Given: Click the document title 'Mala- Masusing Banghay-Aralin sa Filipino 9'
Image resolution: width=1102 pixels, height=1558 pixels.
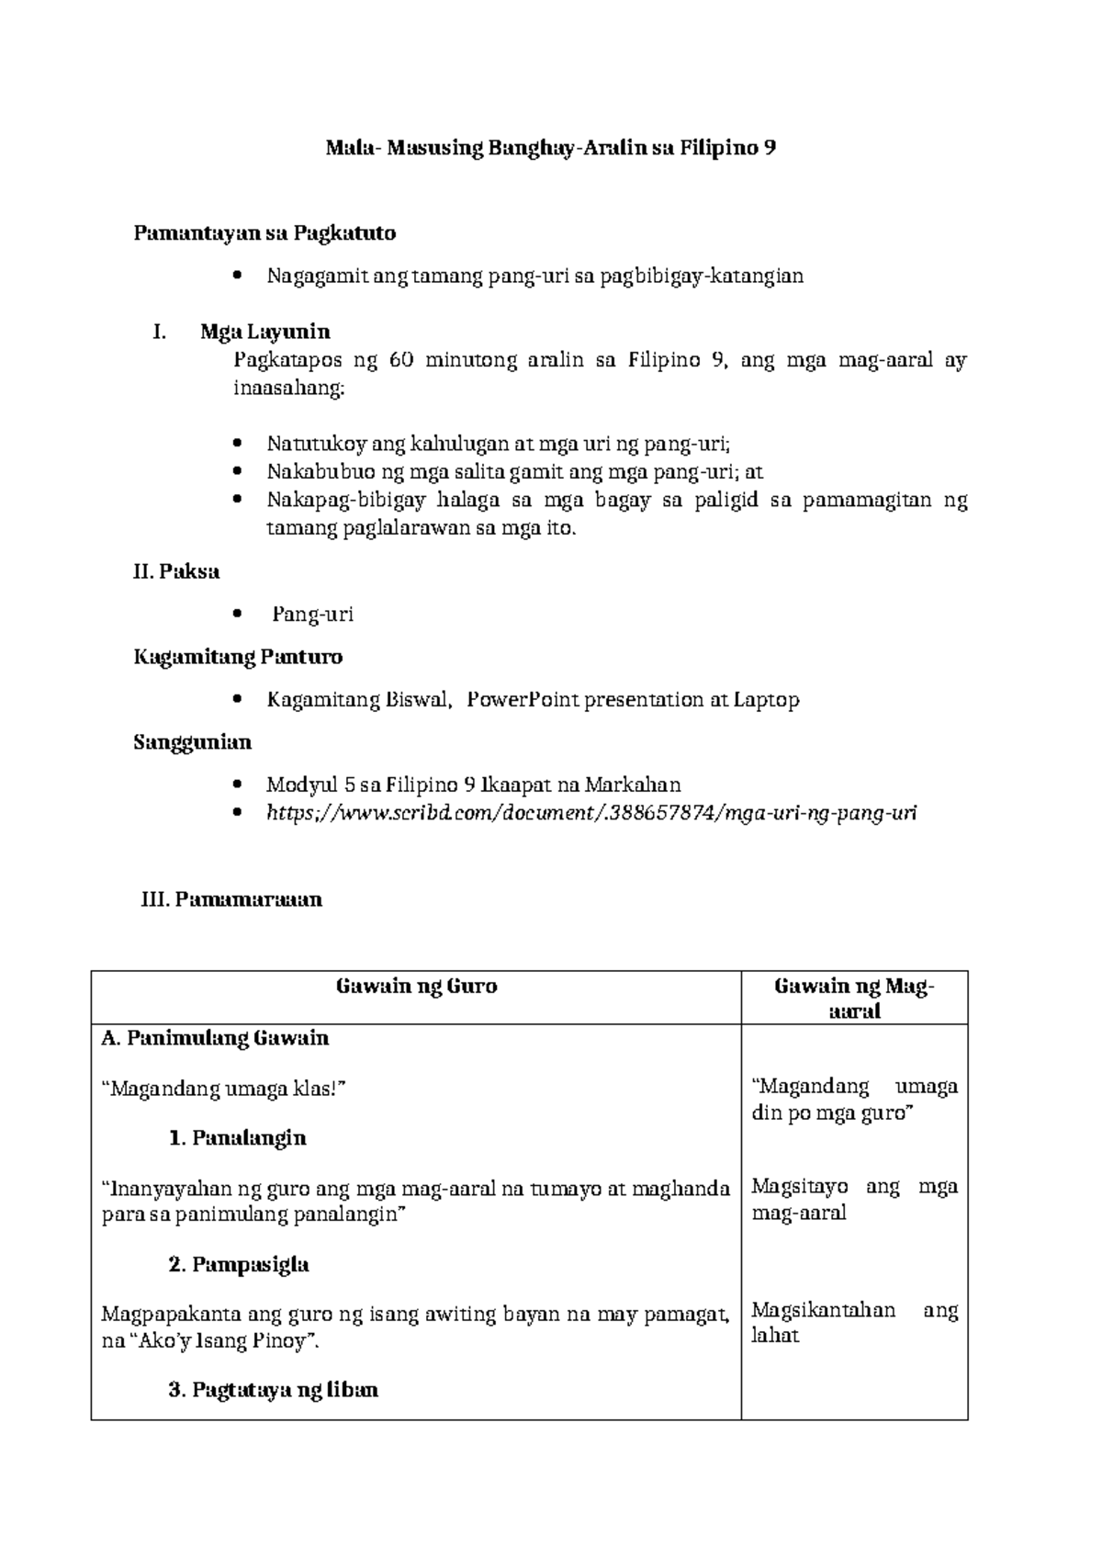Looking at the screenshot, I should [x=551, y=148].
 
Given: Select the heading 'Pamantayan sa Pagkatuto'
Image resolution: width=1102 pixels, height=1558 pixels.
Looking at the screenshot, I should [x=264, y=233].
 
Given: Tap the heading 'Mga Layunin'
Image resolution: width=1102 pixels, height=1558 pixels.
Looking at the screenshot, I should [x=265, y=332].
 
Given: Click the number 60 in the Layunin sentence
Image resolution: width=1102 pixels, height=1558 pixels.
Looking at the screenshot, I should [x=400, y=360].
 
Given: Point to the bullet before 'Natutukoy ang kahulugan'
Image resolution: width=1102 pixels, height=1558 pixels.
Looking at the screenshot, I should [x=238, y=445].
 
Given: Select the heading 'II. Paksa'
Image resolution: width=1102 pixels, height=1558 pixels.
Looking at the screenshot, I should [x=176, y=571].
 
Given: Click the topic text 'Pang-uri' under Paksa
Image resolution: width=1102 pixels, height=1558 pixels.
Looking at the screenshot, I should [x=312, y=615].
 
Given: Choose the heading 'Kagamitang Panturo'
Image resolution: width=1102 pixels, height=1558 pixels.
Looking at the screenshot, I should [x=238, y=657].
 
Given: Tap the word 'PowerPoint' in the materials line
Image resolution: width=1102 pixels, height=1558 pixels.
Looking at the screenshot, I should [x=523, y=700].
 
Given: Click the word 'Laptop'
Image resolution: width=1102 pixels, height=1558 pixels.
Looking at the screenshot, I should [x=766, y=700].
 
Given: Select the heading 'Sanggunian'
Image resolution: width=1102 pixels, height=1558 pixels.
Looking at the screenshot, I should [x=192, y=741].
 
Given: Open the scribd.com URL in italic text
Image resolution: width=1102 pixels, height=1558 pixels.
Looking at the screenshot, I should [x=590, y=813].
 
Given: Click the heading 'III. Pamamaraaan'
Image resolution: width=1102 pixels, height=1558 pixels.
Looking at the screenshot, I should [x=231, y=899].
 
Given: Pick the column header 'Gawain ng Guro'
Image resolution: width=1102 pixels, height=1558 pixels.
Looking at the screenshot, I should [x=416, y=987].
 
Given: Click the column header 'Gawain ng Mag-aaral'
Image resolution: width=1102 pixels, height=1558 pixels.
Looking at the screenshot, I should [x=854, y=999].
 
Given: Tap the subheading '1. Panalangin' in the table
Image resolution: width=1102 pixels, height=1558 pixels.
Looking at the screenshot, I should [x=238, y=1138].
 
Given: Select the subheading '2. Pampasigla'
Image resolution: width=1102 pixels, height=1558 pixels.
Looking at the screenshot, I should [x=239, y=1265].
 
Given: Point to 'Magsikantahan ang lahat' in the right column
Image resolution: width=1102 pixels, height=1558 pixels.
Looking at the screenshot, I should [x=853, y=1323].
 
